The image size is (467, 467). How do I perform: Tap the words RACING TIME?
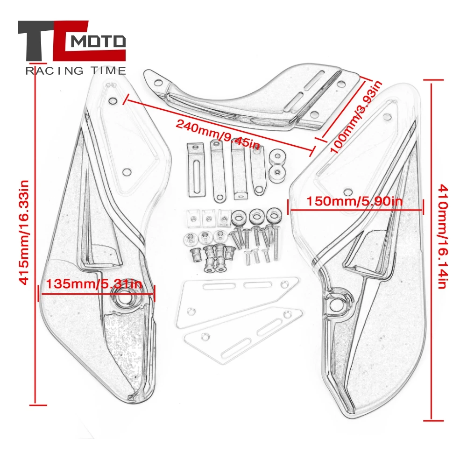75,71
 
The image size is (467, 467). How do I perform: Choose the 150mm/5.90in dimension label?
354,201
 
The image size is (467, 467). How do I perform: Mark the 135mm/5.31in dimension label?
93,284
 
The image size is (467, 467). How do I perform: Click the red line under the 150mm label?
355,210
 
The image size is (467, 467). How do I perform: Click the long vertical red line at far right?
431,250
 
